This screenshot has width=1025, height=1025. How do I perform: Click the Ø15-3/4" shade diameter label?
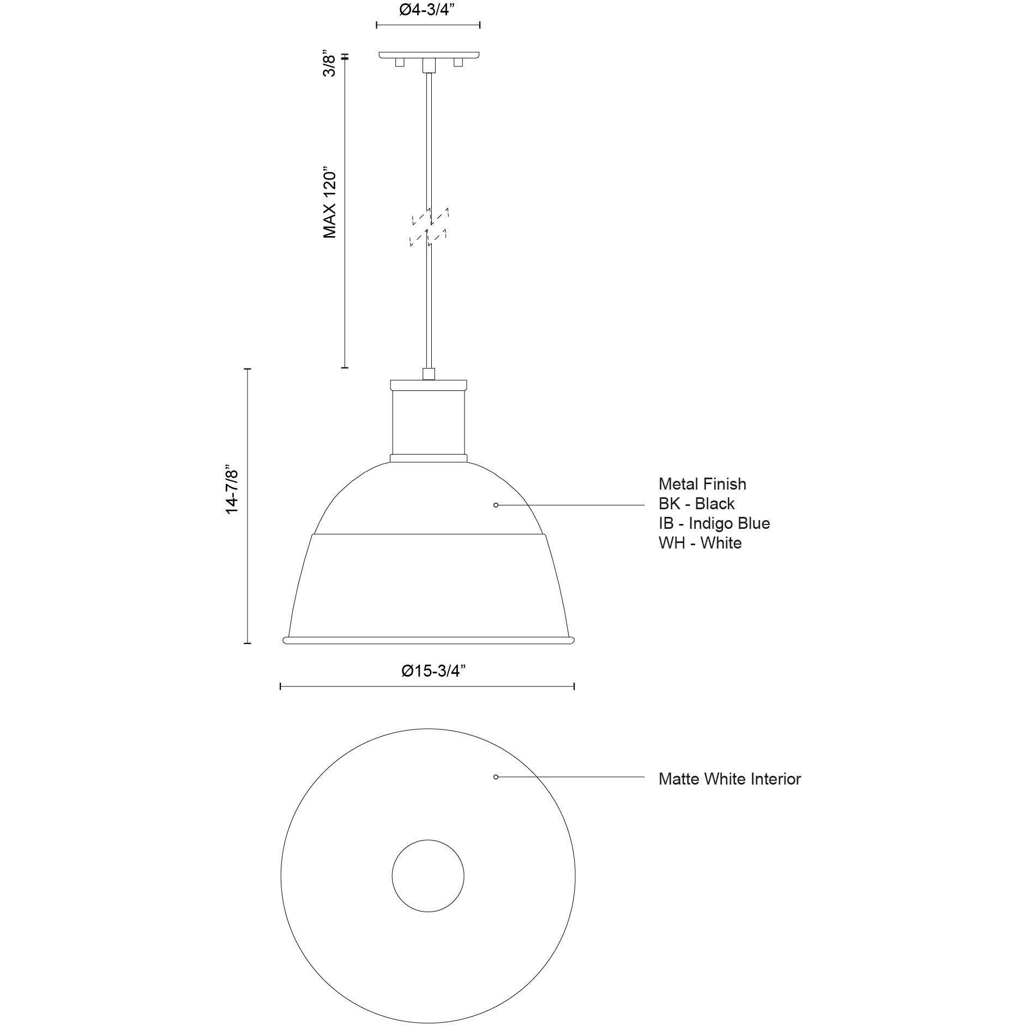click(x=433, y=671)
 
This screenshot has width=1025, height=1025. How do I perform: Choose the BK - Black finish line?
click(x=696, y=503)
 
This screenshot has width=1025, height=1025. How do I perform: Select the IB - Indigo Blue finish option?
click(x=714, y=523)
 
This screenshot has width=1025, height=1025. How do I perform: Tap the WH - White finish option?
click(x=700, y=542)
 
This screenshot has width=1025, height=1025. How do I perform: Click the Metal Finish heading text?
click(x=702, y=484)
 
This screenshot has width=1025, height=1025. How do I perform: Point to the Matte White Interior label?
click(x=729, y=779)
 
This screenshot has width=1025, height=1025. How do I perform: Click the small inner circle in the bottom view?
click(x=428, y=876)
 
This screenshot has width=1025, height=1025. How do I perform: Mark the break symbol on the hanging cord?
click(x=429, y=227)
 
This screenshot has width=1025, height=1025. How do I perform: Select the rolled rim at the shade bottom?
click(x=429, y=640)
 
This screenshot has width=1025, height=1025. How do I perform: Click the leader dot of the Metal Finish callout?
click(x=496, y=505)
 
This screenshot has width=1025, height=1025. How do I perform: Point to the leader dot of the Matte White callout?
click(x=496, y=776)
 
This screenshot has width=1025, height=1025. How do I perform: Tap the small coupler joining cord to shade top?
click(x=429, y=374)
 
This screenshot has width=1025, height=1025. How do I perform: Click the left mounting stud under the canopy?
click(x=400, y=63)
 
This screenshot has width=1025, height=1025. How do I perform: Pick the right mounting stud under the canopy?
click(x=458, y=63)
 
